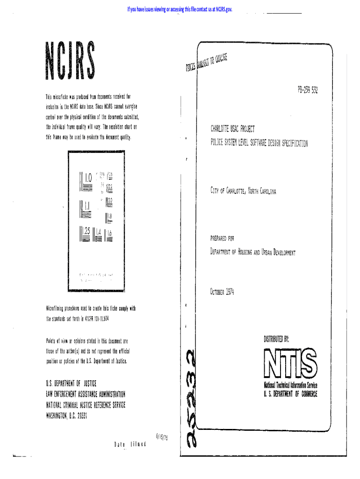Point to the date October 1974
(x=222, y=292)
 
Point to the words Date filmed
(x=130, y=443)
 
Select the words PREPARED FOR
(x=222, y=238)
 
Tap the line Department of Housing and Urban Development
(x=253, y=253)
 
